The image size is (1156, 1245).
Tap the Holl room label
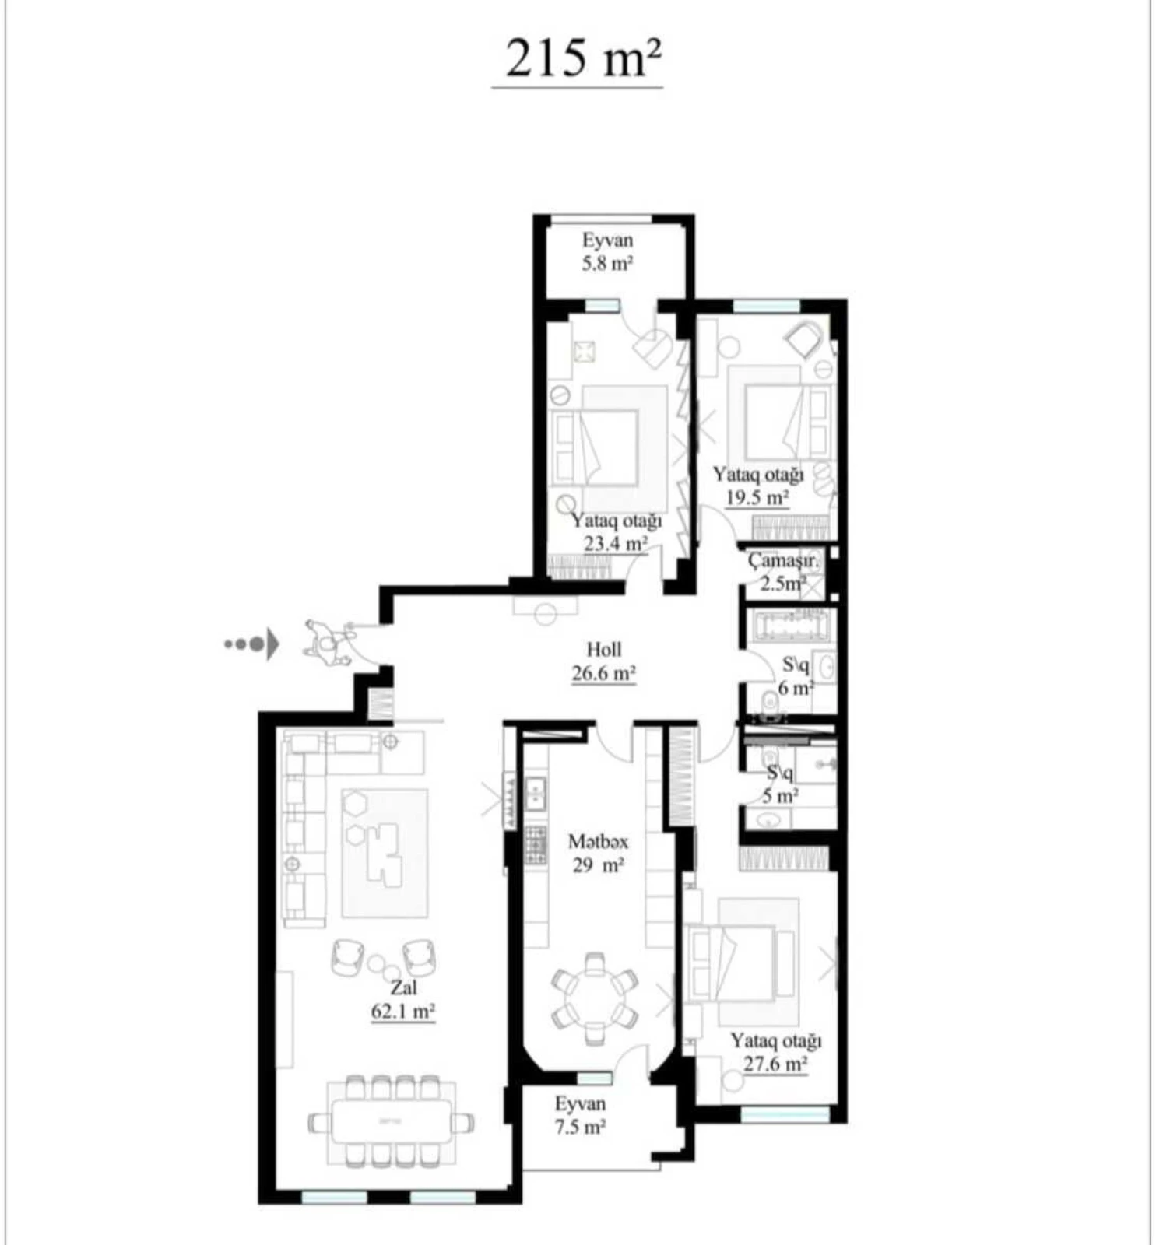pos(603,649)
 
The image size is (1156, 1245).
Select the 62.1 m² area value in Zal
pos(402,1012)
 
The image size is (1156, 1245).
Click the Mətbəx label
pos(597,841)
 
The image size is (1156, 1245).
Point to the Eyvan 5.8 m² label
pos(607,251)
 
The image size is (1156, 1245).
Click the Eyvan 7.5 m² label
pos(580,1115)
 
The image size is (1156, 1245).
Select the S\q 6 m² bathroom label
pos(796,676)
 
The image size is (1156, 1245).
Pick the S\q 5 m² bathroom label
pos(780,784)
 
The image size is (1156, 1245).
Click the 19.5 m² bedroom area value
pos(757,498)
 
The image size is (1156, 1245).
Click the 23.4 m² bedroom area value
pos(615,543)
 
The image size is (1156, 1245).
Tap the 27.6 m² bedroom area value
pos(775,1064)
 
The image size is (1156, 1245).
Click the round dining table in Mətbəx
pos(595,998)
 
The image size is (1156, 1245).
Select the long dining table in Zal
pos(392,1121)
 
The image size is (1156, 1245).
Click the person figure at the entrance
pos(327,642)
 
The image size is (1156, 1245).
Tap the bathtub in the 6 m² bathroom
pos(790,627)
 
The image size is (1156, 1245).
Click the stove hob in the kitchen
pos(535,846)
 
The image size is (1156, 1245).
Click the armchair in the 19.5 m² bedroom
pos(803,339)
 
